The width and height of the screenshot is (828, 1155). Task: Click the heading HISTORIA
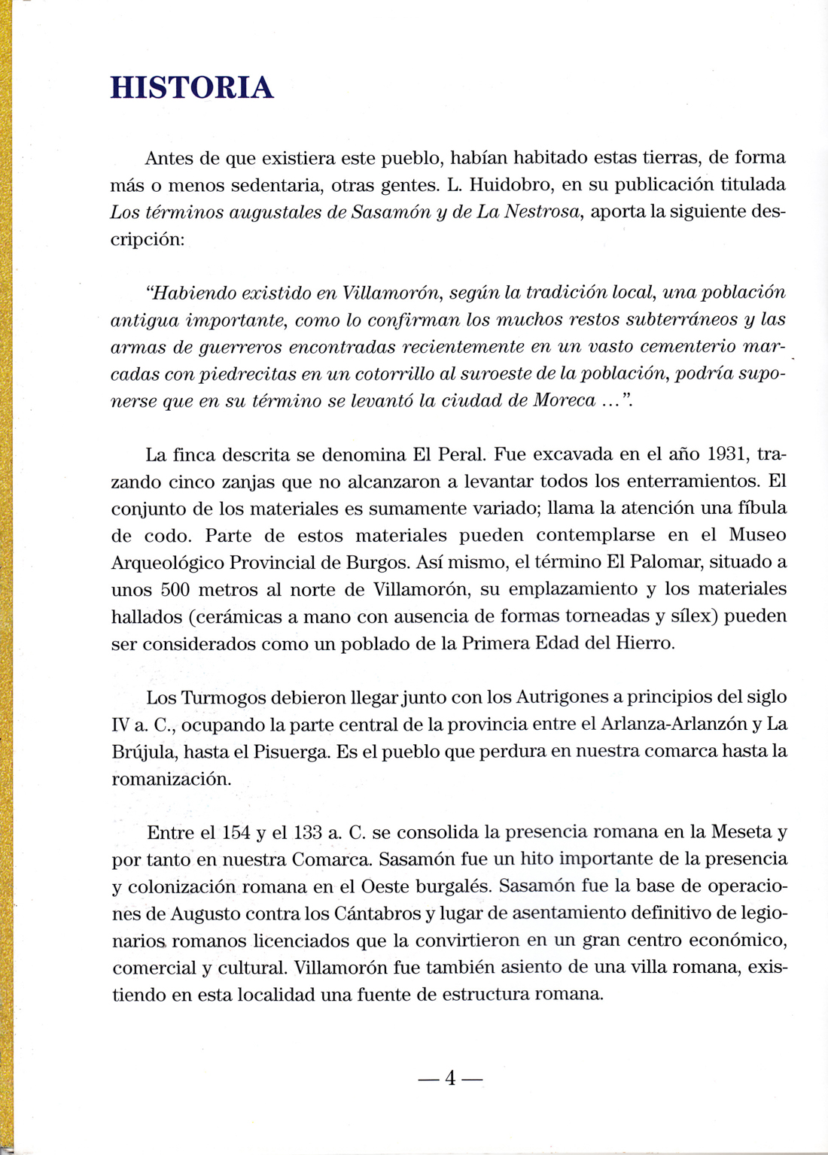[192, 88]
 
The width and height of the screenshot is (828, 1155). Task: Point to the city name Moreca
[564, 400]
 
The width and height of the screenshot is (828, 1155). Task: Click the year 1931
[729, 454]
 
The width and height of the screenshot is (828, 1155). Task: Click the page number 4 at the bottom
[450, 1078]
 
